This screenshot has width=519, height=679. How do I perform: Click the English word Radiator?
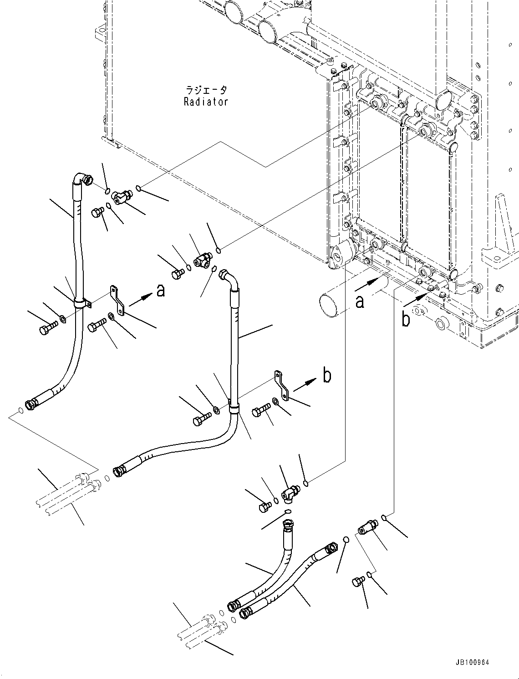[206, 102]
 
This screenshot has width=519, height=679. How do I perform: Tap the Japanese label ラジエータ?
[206, 90]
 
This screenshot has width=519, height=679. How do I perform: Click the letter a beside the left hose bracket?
[160, 290]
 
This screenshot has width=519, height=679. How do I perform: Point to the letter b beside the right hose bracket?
[327, 376]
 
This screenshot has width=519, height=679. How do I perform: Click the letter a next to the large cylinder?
[360, 301]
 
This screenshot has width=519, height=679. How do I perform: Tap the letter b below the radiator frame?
[406, 320]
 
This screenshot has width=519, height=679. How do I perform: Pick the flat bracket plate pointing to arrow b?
[282, 385]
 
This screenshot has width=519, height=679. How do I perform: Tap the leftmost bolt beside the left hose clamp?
[49, 328]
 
